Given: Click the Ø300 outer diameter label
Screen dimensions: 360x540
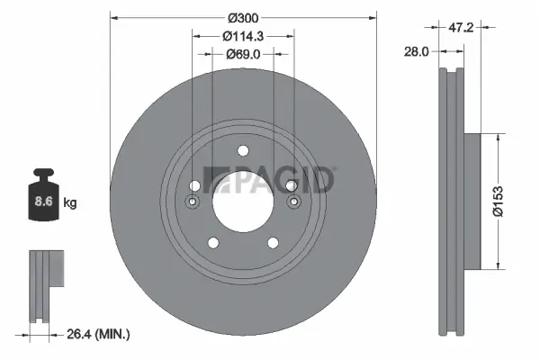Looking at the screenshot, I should (243, 18).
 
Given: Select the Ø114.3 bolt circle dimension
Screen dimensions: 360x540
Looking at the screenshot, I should (243, 36).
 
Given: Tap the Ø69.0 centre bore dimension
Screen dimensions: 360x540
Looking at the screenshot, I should (243, 54).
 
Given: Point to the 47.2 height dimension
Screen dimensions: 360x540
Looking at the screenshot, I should (462, 28).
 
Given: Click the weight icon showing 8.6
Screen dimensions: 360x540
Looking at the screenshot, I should (41, 201).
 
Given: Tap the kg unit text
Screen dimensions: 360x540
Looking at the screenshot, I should (70, 203).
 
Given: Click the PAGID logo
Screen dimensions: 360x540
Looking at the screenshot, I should (270, 181).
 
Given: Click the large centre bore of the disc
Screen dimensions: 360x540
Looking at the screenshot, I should (242, 197).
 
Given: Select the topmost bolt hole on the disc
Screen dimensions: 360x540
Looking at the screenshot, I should (242, 151).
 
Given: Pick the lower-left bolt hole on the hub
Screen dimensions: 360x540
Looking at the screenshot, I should (213, 242).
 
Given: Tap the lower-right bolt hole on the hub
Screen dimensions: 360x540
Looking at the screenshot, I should (271, 242).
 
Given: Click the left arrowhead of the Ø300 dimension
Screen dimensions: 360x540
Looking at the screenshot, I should (112, 18).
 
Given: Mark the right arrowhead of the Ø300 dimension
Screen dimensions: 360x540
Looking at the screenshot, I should (372, 18).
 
